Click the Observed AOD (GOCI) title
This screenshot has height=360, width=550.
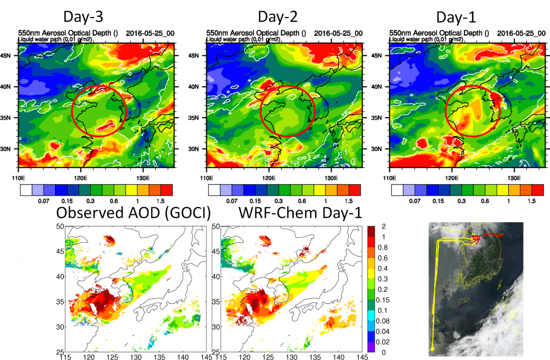coord(134,213)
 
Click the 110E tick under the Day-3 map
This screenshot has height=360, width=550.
coord(18,179)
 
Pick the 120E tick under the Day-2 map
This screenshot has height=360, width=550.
coord(269,179)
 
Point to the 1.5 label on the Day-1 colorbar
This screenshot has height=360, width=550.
coord(532,202)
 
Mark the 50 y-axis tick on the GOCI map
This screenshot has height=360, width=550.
coord(59,226)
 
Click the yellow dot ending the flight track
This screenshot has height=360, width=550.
coord(433,348)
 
